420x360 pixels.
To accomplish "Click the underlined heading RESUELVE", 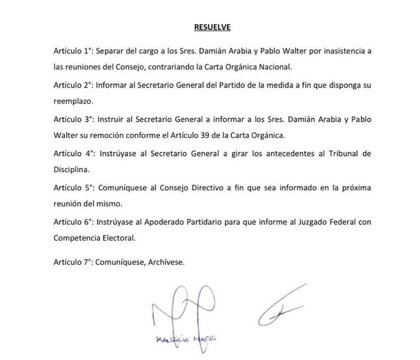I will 210,26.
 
